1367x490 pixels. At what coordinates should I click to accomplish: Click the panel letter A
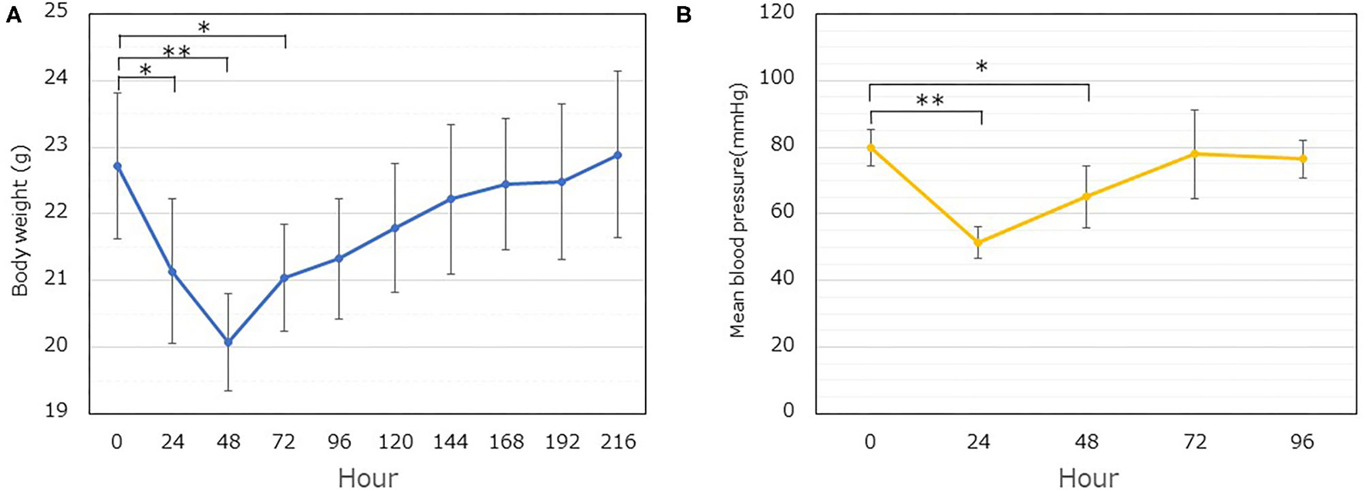pyautogui.click(x=13, y=15)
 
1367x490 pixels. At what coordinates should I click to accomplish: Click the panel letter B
pyautogui.click(x=683, y=15)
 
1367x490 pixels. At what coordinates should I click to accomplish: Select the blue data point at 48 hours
pyautogui.click(x=228, y=342)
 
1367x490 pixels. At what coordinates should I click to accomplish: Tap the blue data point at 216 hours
pyautogui.click(x=617, y=155)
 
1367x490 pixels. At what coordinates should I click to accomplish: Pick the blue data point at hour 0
pyautogui.click(x=117, y=166)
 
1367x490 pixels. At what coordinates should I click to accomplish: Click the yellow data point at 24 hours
pyautogui.click(x=978, y=242)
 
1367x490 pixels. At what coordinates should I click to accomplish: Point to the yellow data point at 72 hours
pyautogui.click(x=1194, y=154)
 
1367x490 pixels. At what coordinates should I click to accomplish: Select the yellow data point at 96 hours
pyautogui.click(x=1303, y=159)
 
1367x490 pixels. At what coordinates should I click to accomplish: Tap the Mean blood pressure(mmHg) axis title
pyautogui.click(x=738, y=210)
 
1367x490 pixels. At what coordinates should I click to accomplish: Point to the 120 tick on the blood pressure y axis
pyautogui.click(x=778, y=12)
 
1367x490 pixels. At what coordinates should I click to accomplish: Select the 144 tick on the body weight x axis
pyautogui.click(x=450, y=442)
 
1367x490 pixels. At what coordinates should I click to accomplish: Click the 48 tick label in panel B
pyautogui.click(x=1086, y=442)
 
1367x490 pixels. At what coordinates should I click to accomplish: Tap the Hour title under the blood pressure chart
pyautogui.click(x=1088, y=478)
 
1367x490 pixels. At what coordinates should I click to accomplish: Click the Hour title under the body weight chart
pyautogui.click(x=368, y=478)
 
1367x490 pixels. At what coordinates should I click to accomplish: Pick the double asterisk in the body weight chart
pyautogui.click(x=177, y=52)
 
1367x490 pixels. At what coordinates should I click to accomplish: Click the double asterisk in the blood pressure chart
pyautogui.click(x=930, y=101)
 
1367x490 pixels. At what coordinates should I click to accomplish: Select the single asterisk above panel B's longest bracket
pyautogui.click(x=981, y=67)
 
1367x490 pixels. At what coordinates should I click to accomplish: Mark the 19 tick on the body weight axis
pyautogui.click(x=56, y=411)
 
